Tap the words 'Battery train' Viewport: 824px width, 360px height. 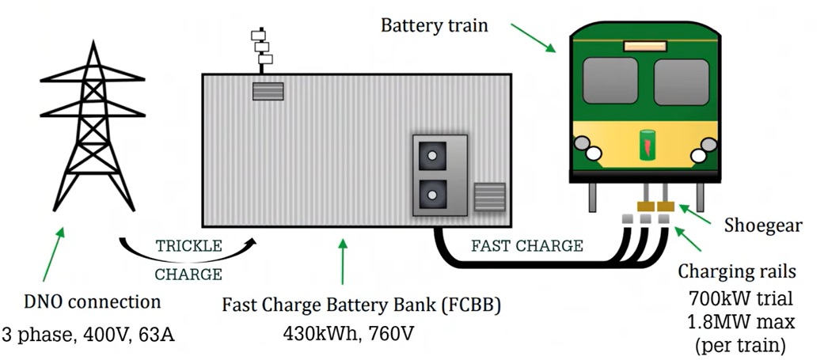[x=435, y=25]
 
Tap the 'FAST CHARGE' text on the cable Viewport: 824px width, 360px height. [x=526, y=246]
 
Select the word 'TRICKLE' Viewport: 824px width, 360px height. [x=188, y=246]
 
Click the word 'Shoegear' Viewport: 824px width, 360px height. [x=763, y=225]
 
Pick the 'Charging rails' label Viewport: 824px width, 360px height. [x=737, y=272]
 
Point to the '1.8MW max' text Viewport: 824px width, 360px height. [x=738, y=323]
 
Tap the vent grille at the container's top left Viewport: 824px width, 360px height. [x=262, y=91]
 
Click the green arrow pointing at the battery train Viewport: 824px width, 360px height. [x=532, y=37]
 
